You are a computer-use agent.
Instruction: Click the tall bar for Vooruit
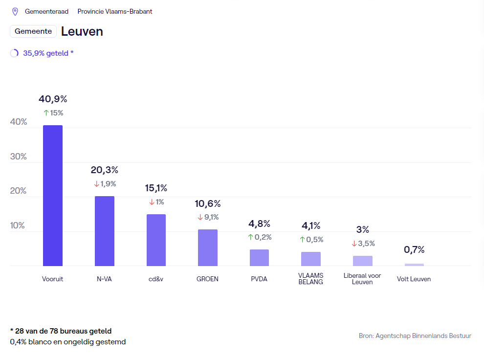point(53,196)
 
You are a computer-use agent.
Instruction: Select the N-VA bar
point(105,231)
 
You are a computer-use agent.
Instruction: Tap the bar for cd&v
point(156,240)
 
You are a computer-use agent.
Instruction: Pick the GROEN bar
point(208,247)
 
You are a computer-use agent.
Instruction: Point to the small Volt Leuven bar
point(414,265)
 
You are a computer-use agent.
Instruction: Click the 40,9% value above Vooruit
point(53,99)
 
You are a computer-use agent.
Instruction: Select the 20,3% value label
point(105,170)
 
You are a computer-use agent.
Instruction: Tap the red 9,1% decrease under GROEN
point(208,217)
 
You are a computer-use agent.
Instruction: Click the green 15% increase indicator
point(53,113)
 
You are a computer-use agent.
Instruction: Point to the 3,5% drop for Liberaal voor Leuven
point(363,243)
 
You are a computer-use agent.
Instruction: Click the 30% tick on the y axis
point(19,157)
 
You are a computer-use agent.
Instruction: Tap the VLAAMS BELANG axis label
point(310,278)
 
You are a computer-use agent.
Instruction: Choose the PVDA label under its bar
point(259,279)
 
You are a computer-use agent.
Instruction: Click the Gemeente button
point(33,31)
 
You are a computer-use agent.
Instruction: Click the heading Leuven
point(82,31)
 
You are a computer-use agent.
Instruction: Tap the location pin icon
point(15,11)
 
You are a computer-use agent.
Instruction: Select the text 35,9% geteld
point(48,53)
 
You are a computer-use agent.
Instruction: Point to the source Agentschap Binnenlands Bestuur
point(415,336)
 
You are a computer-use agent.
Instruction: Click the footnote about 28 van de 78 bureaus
point(61,331)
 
